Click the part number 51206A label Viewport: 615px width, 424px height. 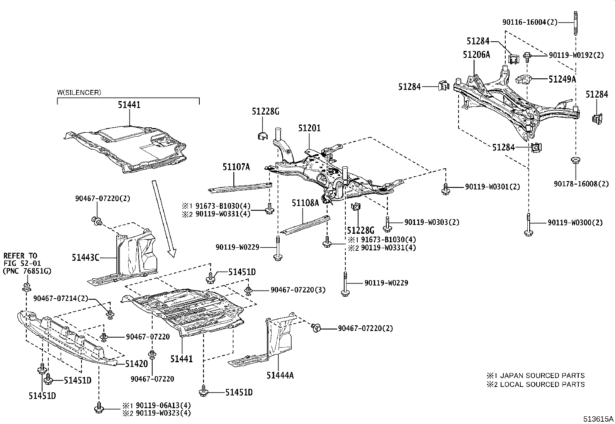click(476, 55)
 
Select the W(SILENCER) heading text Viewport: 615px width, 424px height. click(79, 93)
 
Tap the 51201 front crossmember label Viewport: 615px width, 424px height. click(309, 128)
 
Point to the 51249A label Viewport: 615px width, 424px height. click(562, 79)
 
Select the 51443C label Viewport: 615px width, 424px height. click(85, 257)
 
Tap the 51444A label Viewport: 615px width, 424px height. click(280, 375)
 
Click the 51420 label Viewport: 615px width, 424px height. click(136, 363)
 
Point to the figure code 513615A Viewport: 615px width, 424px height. click(598, 419)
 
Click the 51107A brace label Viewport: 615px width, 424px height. click(236, 167)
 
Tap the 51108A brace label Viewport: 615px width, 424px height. click(305, 203)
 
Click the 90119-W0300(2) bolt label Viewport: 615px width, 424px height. click(575, 223)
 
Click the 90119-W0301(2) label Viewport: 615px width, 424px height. click(493, 187)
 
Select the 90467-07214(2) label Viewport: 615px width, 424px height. click(61, 298)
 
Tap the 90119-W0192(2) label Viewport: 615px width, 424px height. click(576, 55)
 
